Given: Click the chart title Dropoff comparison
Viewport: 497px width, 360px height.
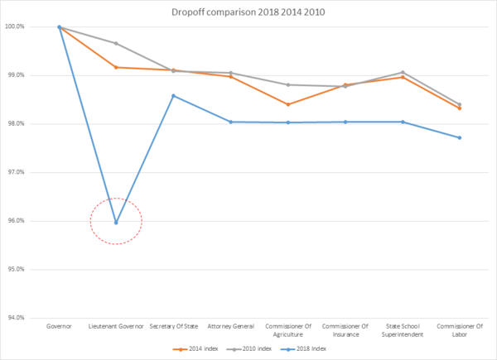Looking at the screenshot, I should pyautogui.click(x=248, y=12).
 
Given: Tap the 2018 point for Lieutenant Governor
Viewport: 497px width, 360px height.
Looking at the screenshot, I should pyautogui.click(x=116, y=222).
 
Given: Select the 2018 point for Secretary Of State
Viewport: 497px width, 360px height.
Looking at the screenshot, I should pyautogui.click(x=173, y=96).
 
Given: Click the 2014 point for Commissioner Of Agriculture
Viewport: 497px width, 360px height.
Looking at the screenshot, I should pyautogui.click(x=288, y=104).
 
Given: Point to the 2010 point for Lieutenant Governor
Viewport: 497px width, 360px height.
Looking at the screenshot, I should pyautogui.click(x=116, y=43).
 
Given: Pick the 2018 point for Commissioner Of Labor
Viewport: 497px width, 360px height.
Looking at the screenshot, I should pyautogui.click(x=460, y=137).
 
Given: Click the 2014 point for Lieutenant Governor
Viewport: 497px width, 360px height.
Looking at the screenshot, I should pyautogui.click(x=116, y=67).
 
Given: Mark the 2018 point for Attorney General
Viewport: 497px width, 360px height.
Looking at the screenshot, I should pyautogui.click(x=230, y=122).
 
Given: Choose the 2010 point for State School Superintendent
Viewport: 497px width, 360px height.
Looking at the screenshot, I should pyautogui.click(x=403, y=73).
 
